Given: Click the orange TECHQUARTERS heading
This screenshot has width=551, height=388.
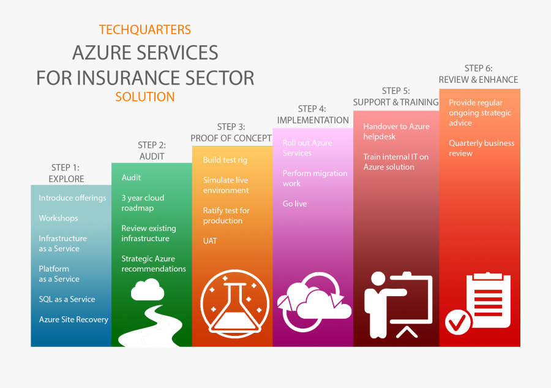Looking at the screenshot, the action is (144, 30).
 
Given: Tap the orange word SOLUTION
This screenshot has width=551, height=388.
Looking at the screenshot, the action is (144, 97).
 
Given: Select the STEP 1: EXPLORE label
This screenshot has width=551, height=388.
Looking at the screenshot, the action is (66, 173).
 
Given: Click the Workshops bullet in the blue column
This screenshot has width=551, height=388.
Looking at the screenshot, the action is (58, 218).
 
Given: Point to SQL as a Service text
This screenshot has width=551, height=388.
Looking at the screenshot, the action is (67, 299).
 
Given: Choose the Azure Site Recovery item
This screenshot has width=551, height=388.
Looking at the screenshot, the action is (73, 319).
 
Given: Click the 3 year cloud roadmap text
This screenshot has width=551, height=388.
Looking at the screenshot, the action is (143, 203).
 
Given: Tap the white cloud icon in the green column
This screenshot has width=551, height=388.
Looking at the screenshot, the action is (148, 289).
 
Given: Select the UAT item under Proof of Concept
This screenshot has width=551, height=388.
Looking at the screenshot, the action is (210, 241).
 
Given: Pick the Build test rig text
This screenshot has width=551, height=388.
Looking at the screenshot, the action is (225, 160).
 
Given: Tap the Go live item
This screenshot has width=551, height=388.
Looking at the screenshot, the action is (294, 204).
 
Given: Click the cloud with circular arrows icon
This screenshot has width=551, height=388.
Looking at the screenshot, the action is (314, 302).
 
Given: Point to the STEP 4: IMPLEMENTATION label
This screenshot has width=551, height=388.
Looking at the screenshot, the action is (313, 115).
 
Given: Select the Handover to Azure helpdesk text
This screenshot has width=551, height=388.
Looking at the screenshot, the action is (396, 132).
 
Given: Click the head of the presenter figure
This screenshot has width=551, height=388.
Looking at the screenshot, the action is (378, 279).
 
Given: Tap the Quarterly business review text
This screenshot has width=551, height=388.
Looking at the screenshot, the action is (481, 148).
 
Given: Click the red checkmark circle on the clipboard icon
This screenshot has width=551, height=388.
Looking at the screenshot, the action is (458, 322).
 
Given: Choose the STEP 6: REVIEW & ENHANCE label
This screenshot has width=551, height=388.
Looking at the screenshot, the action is (478, 74).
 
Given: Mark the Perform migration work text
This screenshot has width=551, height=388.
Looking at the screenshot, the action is (315, 178).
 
